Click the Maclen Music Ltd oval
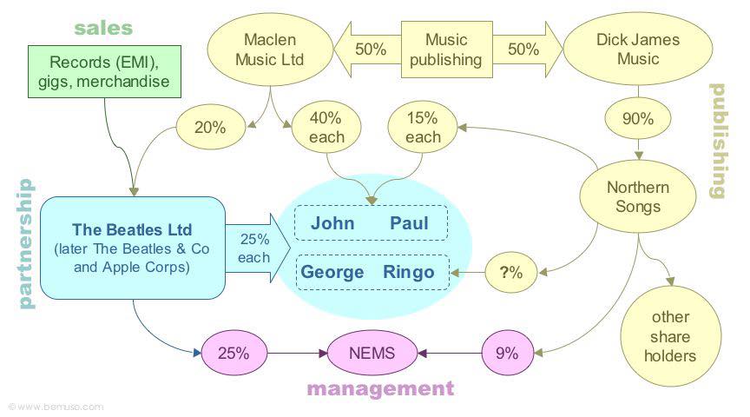pyautogui.click(x=270, y=50)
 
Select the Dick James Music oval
pyautogui.click(x=638, y=50)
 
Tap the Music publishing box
pyautogui.click(x=445, y=50)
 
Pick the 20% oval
pyautogui.click(x=209, y=127)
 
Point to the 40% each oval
pyautogui.click(x=326, y=127)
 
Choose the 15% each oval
pyautogui.click(x=423, y=127)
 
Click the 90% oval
pyautogui.click(x=638, y=119)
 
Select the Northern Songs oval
pyautogui.click(x=638, y=197)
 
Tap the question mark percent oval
pyautogui.click(x=511, y=272)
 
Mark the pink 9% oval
pyautogui.click(x=506, y=353)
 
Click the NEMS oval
pyautogui.click(x=372, y=353)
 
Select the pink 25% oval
pyautogui.click(x=232, y=354)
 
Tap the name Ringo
pyautogui.click(x=408, y=273)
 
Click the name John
pyautogui.click(x=332, y=223)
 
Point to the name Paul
pyautogui.click(x=409, y=223)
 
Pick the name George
pyautogui.click(x=332, y=273)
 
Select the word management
pyautogui.click(x=379, y=388)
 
